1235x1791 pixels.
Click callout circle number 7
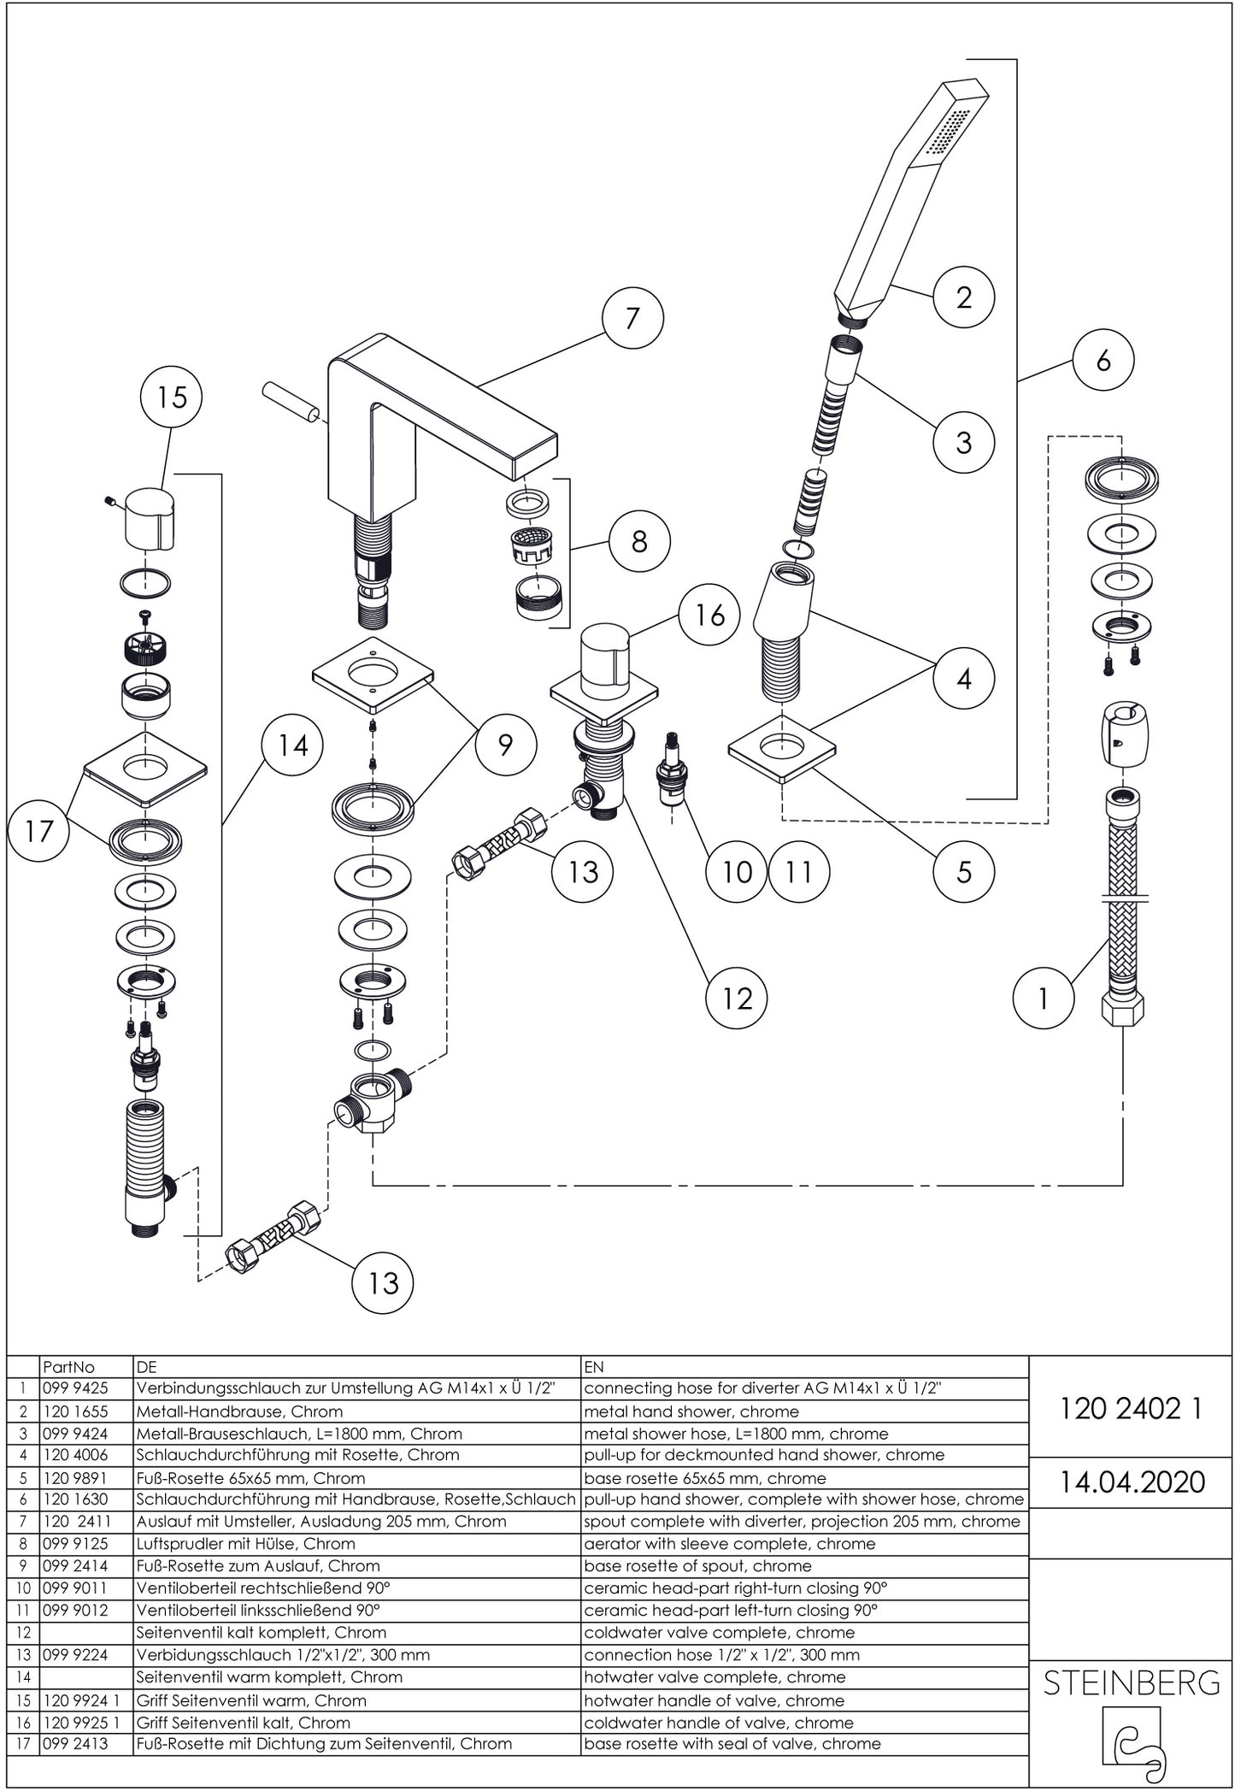[x=632, y=318]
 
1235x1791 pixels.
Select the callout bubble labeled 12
[x=737, y=999]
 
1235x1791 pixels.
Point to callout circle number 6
[x=1103, y=360]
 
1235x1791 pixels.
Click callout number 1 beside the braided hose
[x=1043, y=998]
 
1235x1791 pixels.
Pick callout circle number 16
[x=709, y=615]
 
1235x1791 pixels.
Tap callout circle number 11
[x=798, y=872]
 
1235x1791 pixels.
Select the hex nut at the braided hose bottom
[x=1122, y=1008]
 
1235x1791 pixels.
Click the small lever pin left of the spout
[x=290, y=401]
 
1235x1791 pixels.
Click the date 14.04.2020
[x=1132, y=1482]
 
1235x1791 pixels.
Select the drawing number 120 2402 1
[x=1132, y=1408]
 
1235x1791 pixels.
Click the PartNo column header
[x=68, y=1367]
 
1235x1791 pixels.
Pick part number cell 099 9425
[x=75, y=1388]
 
